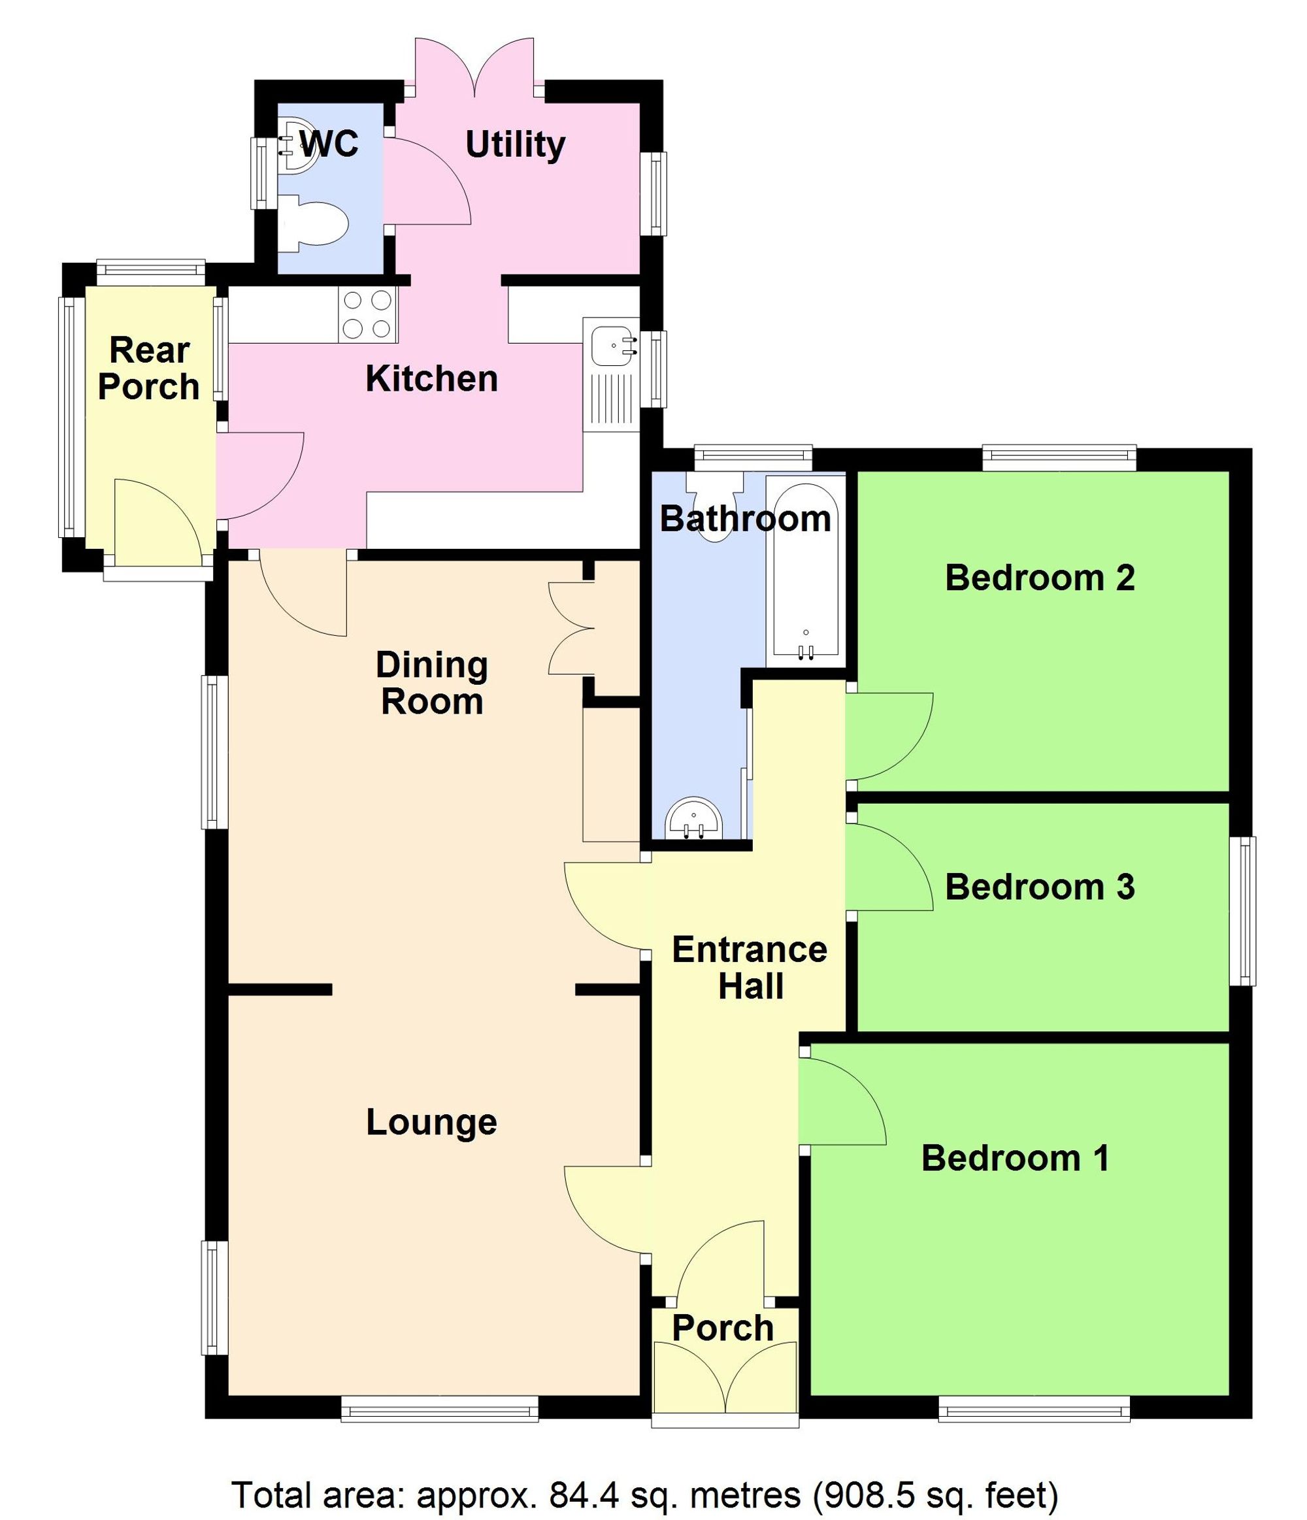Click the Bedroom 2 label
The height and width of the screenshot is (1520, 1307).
tap(1039, 578)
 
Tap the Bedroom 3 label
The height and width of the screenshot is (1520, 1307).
tap(1039, 887)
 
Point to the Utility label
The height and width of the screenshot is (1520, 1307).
tap(515, 144)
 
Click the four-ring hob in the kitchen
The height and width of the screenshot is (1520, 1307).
tap(367, 314)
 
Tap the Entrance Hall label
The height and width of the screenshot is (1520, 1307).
tap(750, 968)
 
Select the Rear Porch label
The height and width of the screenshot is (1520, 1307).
tap(149, 369)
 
